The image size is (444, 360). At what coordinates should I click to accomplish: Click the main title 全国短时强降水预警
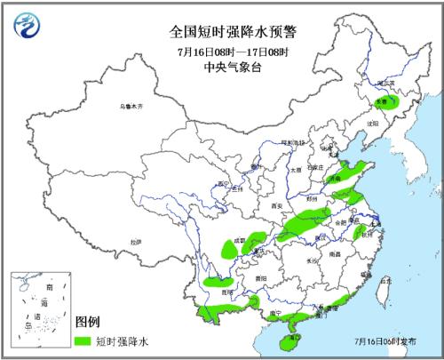coord(223,30)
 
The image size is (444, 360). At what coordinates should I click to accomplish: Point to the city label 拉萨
coord(134,241)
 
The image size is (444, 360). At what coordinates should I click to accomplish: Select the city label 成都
coord(238,240)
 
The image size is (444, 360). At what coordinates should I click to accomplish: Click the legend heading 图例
coord(86,322)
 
